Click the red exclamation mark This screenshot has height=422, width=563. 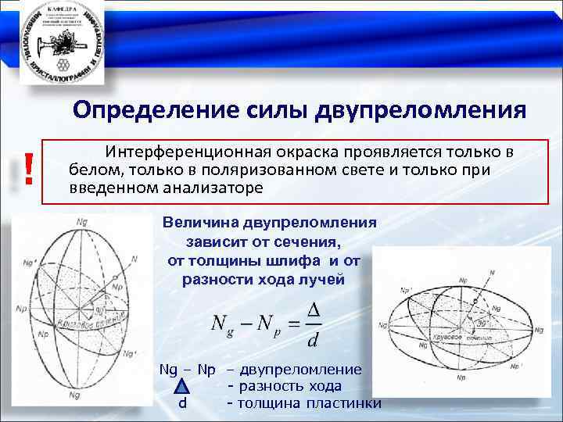28,168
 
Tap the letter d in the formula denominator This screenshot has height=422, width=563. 314,341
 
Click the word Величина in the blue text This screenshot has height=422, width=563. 200,222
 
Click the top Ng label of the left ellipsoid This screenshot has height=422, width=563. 83,224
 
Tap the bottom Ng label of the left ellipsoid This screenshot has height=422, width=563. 75,396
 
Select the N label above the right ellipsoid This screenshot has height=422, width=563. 491,272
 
